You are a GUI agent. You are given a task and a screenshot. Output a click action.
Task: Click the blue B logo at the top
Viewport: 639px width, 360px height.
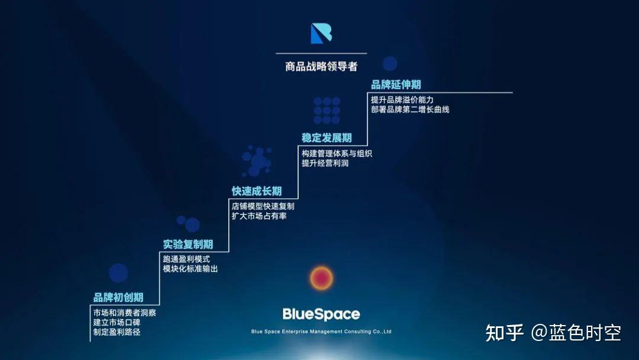(x=321, y=33)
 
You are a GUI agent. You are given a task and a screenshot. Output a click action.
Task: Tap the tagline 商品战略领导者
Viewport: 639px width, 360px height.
(x=321, y=66)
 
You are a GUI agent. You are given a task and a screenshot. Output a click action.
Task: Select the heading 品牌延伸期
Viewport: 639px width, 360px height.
(x=396, y=85)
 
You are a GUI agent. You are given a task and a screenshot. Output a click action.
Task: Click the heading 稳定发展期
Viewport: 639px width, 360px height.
(x=327, y=138)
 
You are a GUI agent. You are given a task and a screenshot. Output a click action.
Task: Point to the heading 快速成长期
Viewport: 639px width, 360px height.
(x=257, y=191)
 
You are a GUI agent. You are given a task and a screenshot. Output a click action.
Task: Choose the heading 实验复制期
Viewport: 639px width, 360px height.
(x=188, y=244)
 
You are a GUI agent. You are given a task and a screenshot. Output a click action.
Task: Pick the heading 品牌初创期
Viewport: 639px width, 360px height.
(x=118, y=297)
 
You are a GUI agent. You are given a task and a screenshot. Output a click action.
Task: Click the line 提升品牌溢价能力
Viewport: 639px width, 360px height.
(x=402, y=100)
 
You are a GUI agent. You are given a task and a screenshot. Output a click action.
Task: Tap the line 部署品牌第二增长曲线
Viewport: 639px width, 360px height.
(x=410, y=110)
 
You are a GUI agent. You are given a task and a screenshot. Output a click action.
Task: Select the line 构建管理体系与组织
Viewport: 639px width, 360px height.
(x=337, y=154)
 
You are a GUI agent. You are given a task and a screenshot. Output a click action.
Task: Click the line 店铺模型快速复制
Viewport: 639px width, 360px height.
(x=263, y=206)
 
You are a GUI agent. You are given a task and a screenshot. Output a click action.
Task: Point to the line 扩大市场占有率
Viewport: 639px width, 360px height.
(x=259, y=216)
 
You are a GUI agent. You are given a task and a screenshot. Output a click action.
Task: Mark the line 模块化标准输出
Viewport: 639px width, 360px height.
(x=191, y=269)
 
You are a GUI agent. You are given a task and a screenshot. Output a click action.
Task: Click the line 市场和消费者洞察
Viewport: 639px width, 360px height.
(x=125, y=313)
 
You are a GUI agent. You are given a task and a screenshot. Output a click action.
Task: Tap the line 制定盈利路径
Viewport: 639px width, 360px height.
(x=117, y=332)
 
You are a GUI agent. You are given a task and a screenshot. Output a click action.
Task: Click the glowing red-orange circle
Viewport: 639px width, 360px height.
(x=321, y=278)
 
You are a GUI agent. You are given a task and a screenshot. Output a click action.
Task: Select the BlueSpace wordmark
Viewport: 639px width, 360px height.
(x=321, y=314)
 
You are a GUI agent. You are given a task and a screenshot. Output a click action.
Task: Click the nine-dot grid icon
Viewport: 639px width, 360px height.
(x=327, y=111)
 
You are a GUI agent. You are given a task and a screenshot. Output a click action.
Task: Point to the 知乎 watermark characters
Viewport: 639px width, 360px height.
(x=505, y=333)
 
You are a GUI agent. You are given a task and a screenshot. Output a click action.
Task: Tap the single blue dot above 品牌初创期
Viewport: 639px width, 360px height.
(x=118, y=273)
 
